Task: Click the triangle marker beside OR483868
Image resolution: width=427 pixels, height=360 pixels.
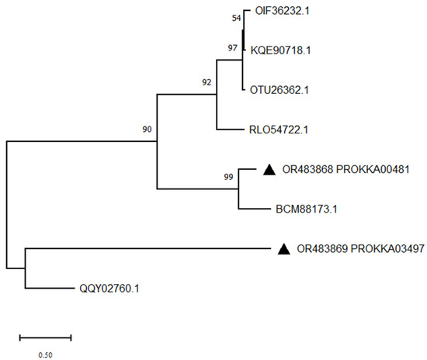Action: click(x=269, y=169)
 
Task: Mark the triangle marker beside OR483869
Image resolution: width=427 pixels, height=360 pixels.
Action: click(x=284, y=249)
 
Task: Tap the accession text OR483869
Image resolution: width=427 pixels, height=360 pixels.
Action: click(x=324, y=249)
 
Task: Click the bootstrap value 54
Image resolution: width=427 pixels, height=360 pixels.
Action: click(x=238, y=18)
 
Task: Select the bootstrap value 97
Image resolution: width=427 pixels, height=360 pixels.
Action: click(x=232, y=48)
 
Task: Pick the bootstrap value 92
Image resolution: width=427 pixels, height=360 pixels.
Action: click(x=205, y=80)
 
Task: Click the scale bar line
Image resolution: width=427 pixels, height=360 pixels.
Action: click(x=45, y=337)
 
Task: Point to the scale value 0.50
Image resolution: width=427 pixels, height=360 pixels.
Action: click(x=45, y=355)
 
